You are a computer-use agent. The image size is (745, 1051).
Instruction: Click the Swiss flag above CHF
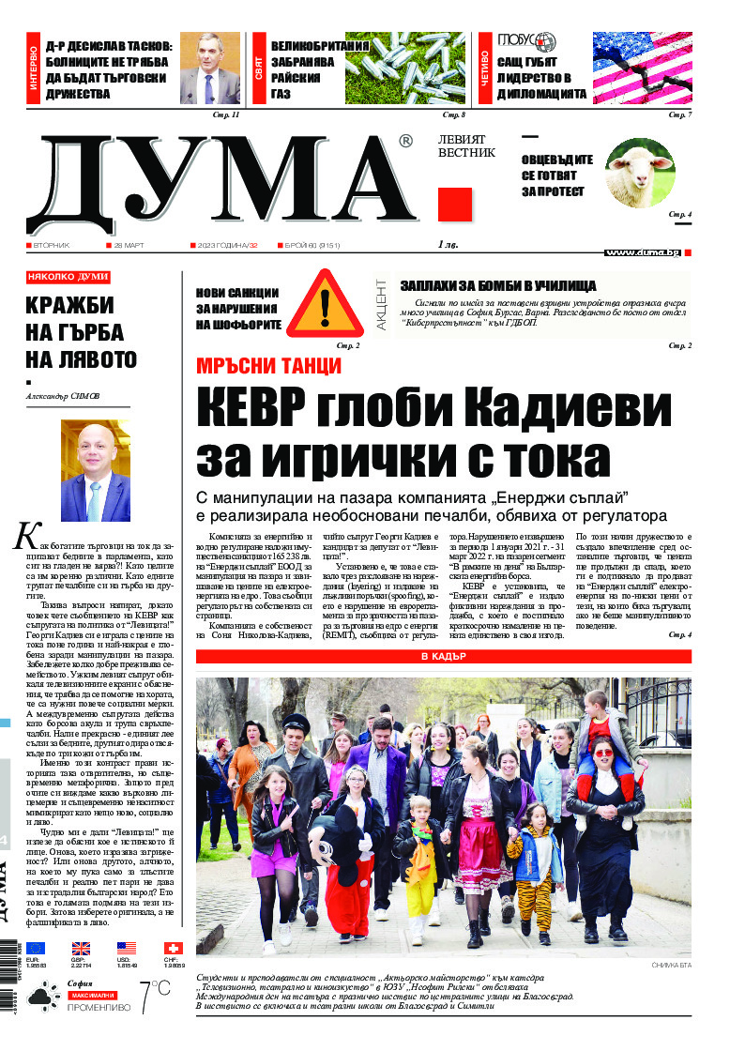pyautogui.click(x=174, y=949)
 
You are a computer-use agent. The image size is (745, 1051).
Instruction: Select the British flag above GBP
pyautogui.click(x=82, y=949)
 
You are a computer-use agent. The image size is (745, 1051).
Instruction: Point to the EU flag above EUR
pyautogui.click(x=36, y=949)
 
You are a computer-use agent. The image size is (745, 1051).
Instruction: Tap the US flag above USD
pyautogui.click(x=127, y=949)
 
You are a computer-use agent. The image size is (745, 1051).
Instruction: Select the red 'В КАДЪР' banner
pyautogui.click(x=444, y=657)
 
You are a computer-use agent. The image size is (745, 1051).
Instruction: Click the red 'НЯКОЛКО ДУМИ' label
pyautogui.click(x=68, y=277)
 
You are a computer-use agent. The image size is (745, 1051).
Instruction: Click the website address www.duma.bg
pyautogui.click(x=643, y=252)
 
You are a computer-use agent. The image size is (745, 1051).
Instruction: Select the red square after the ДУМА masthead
pyautogui.click(x=455, y=204)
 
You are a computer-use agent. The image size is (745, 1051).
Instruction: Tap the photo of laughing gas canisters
pyautogui.click(x=405, y=68)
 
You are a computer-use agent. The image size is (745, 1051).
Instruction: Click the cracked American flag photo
pyautogui.click(x=642, y=68)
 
